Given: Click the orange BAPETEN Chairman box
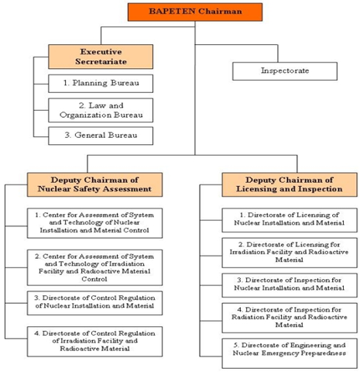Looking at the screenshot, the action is pyautogui.click(x=195, y=12).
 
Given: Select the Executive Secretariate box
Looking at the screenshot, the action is pyautogui.click(x=101, y=57).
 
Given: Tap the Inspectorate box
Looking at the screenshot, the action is pyautogui.click(x=285, y=71).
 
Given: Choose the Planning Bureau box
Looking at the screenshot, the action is pyautogui.click(x=101, y=84).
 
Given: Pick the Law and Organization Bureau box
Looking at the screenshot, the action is pyautogui.click(x=101, y=110).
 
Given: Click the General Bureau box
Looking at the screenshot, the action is pyautogui.click(x=101, y=136).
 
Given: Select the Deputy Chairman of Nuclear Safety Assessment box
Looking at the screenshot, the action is pyautogui.click(x=94, y=184).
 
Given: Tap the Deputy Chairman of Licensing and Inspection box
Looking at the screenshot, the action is pyautogui.click(x=290, y=184).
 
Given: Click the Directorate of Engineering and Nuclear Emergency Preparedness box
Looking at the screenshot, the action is pyautogui.click(x=290, y=353).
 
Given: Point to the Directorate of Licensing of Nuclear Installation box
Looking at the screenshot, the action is pyautogui.click(x=290, y=220).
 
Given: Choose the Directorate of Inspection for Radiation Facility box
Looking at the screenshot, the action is pyautogui.click(x=290, y=318).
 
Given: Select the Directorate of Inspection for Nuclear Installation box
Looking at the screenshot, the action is pyautogui.click(x=290, y=285).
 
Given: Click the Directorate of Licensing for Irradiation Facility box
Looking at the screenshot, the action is pyautogui.click(x=290, y=253).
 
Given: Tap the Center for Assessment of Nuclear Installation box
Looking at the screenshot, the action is pyautogui.click(x=94, y=223).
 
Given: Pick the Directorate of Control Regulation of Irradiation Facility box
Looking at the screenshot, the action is pyautogui.click(x=94, y=342).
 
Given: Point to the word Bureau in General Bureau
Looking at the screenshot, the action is pyautogui.click(x=122, y=135).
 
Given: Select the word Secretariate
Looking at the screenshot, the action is pyautogui.click(x=101, y=62).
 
